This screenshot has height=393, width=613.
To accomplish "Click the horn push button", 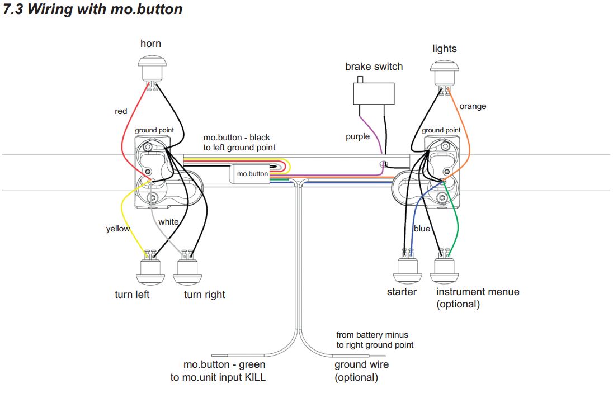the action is click(152, 69).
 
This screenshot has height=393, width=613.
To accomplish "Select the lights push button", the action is click(445, 73).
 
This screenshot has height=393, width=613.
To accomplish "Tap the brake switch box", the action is click(374, 93).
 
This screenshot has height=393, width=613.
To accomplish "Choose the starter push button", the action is click(408, 269).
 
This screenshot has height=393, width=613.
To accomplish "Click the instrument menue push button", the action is click(445, 269).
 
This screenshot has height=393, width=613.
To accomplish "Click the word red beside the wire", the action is click(121, 111).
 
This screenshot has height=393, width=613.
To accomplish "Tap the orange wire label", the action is click(473, 106).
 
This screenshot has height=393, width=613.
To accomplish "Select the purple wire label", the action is click(358, 137).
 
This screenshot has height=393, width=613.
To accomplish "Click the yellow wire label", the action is click(117, 229).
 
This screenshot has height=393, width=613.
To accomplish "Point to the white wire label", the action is click(168, 222).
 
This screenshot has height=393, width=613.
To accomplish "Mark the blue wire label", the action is click(422, 229).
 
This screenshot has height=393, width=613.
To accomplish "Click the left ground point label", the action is click(154, 130).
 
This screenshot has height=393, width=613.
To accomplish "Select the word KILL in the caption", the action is click(255, 377).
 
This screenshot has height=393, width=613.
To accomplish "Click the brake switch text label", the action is click(374, 67).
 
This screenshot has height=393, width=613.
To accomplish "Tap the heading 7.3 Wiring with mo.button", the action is click(93, 9).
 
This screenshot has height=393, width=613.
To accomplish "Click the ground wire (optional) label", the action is click(362, 371).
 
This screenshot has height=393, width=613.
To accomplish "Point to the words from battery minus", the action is click(372, 335).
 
